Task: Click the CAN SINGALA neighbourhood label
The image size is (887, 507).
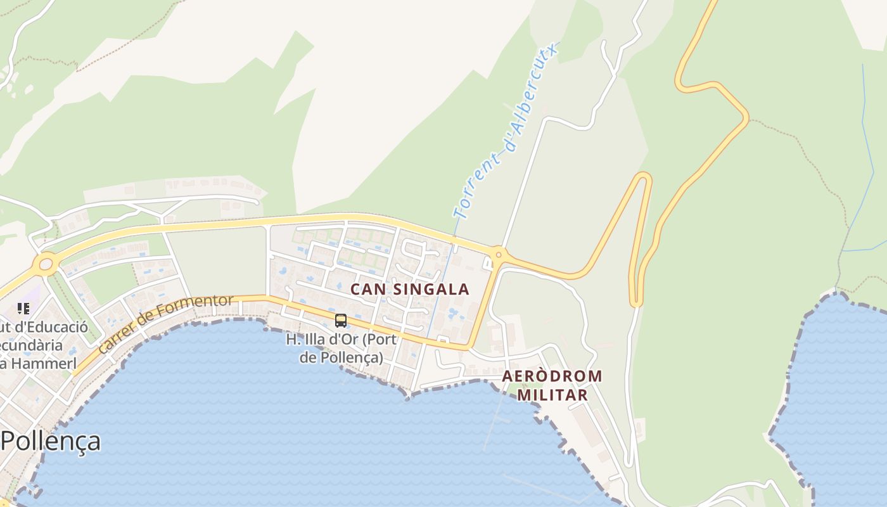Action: pyautogui.click(x=410, y=290)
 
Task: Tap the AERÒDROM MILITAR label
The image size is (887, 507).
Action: pyautogui.click(x=552, y=385)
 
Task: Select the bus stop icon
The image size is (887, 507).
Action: pyautogui.click(x=341, y=321)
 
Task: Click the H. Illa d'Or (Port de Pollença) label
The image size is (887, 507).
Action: pyautogui.click(x=341, y=348)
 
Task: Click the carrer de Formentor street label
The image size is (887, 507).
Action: pyautogui.click(x=166, y=323)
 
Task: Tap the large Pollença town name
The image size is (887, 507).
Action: pyautogui.click(x=51, y=440)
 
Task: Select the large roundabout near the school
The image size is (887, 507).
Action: pyautogui.click(x=46, y=264)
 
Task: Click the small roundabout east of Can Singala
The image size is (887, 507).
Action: pyautogui.click(x=499, y=255)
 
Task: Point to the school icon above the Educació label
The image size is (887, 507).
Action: pyautogui.click(x=23, y=309)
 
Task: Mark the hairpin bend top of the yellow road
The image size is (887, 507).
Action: pyautogui.click(x=644, y=177)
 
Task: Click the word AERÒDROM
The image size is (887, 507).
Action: pyautogui.click(x=552, y=376)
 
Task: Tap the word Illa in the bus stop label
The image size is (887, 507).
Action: pyautogui.click(x=316, y=339)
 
